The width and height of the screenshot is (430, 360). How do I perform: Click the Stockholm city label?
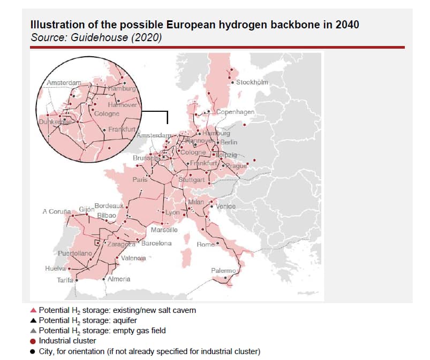click(252, 82)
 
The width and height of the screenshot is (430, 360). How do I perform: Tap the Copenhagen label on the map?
click(235, 112)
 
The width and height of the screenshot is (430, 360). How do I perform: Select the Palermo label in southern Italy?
click(223, 271)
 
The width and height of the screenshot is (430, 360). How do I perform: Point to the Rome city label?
click(206, 244)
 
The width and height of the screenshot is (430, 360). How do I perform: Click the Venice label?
click(226, 206)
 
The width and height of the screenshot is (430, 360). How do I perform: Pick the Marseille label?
click(164, 230)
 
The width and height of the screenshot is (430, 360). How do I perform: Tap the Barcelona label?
click(156, 243)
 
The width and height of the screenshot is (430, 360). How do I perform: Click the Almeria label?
click(119, 279)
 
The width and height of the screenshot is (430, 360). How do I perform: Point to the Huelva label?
click(55, 269)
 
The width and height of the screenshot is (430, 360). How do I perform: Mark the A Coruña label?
click(57, 211)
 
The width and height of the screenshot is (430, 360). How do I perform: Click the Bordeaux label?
click(109, 205)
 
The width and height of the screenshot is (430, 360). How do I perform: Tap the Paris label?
click(140, 180)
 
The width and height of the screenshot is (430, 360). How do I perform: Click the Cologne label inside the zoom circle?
click(107, 114)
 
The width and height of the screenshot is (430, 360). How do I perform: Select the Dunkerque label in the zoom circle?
click(55, 122)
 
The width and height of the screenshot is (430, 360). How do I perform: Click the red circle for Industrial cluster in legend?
click(33, 341)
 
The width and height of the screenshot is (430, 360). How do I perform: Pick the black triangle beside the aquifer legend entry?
click(33, 320)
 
